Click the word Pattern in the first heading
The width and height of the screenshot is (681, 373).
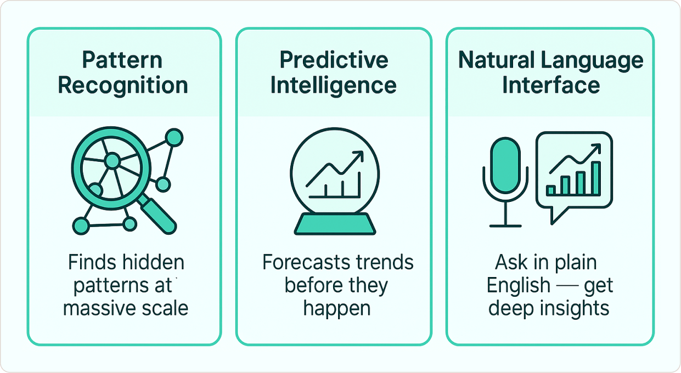pyautogui.click(x=122, y=60)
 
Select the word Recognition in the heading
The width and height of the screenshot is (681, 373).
pyautogui.click(x=123, y=86)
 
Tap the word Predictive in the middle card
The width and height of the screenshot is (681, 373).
pyautogui.click(x=334, y=60)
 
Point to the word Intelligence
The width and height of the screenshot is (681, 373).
pyautogui.click(x=333, y=86)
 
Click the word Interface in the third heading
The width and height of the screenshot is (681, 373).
pyautogui.click(x=551, y=85)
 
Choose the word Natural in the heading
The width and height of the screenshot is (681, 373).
pyautogui.click(x=496, y=60)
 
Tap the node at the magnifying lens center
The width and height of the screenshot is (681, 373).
pyautogui.click(x=112, y=161)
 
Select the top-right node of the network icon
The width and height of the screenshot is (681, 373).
pyautogui.click(x=174, y=137)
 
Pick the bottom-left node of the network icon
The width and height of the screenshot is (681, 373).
pyautogui.click(x=81, y=226)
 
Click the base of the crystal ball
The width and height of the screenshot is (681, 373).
pyautogui.click(x=335, y=224)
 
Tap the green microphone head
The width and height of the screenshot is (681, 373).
pyautogui.click(x=505, y=165)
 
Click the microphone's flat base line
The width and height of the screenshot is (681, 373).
pyautogui.click(x=505, y=226)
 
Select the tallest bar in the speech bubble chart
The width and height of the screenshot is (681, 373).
pyautogui.click(x=596, y=178)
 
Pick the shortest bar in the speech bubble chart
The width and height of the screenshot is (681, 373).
pyautogui.click(x=551, y=190)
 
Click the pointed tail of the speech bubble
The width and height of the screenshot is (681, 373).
pyautogui.click(x=553, y=223)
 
